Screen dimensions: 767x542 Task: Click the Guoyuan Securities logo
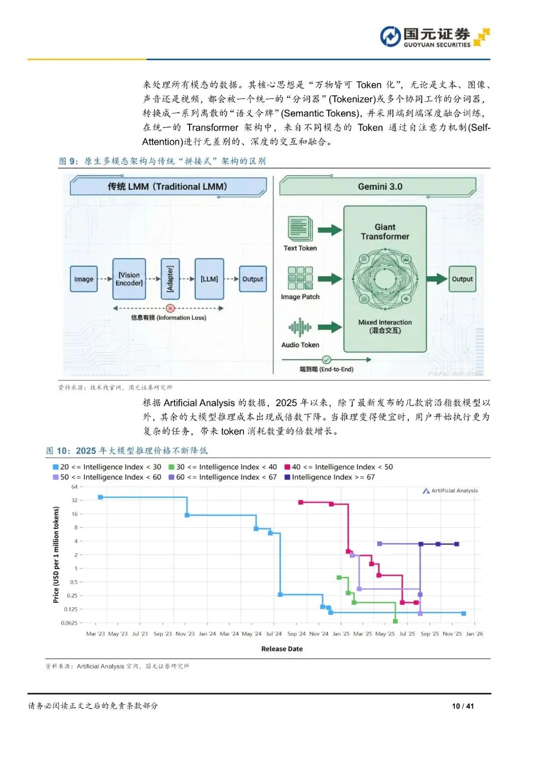click(435, 37)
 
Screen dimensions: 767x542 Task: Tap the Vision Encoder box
click(129, 279)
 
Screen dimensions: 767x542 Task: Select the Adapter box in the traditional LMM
click(170, 279)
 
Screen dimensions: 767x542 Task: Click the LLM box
click(209, 279)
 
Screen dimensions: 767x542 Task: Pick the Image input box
click(84, 279)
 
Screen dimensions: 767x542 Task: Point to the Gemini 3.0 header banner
click(379, 186)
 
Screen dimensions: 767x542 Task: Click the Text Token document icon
click(300, 229)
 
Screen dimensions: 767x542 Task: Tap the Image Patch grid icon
click(300, 278)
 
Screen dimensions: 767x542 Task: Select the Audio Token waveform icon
click(300, 327)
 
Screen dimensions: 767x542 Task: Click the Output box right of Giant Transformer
click(462, 279)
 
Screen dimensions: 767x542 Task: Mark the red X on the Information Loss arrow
click(170, 308)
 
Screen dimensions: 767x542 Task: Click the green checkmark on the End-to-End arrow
click(327, 360)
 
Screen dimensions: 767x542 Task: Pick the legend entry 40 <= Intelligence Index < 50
click(339, 467)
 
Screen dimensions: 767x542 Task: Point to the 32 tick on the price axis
click(75, 500)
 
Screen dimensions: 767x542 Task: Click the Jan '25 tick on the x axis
click(341, 634)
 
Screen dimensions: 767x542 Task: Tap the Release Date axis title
click(282, 649)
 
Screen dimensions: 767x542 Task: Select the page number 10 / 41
click(463, 706)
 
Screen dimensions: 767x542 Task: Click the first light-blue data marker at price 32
click(100, 497)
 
